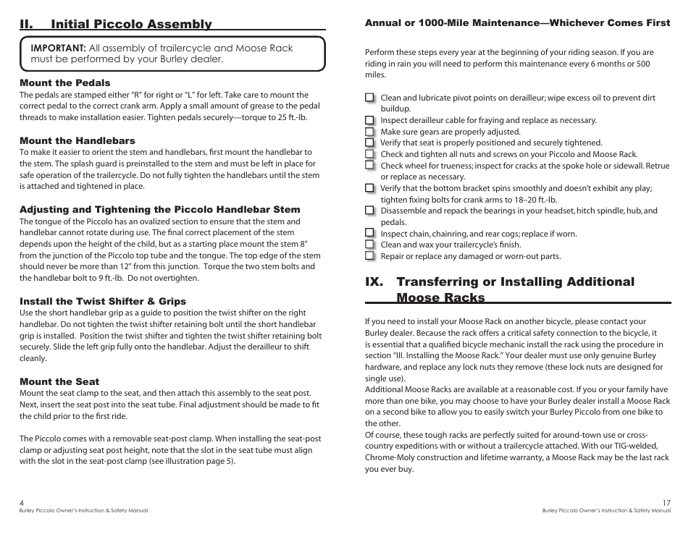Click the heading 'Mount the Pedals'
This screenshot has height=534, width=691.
(65, 83)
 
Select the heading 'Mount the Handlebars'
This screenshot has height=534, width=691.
(78, 141)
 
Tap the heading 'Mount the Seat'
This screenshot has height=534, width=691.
(59, 382)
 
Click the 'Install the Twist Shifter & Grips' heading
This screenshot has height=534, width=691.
(103, 302)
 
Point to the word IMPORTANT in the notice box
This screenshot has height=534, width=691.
(59, 48)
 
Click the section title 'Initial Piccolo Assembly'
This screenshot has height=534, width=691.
(131, 25)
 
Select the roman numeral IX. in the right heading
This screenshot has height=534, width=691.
(377, 282)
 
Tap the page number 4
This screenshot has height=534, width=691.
(22, 503)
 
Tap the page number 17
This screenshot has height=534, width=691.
(666, 503)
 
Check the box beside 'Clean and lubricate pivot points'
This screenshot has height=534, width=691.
(370, 98)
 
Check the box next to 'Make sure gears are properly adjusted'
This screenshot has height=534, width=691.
(370, 132)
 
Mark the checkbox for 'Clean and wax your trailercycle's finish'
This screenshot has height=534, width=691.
(370, 245)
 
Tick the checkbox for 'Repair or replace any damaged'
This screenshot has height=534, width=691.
(370, 256)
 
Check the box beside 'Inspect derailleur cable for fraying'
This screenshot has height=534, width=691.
(370, 120)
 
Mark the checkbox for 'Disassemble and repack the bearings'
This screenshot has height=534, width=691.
(370, 211)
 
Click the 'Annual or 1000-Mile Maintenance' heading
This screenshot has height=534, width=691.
(517, 23)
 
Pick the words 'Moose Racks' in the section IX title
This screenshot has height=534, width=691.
(440, 297)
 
